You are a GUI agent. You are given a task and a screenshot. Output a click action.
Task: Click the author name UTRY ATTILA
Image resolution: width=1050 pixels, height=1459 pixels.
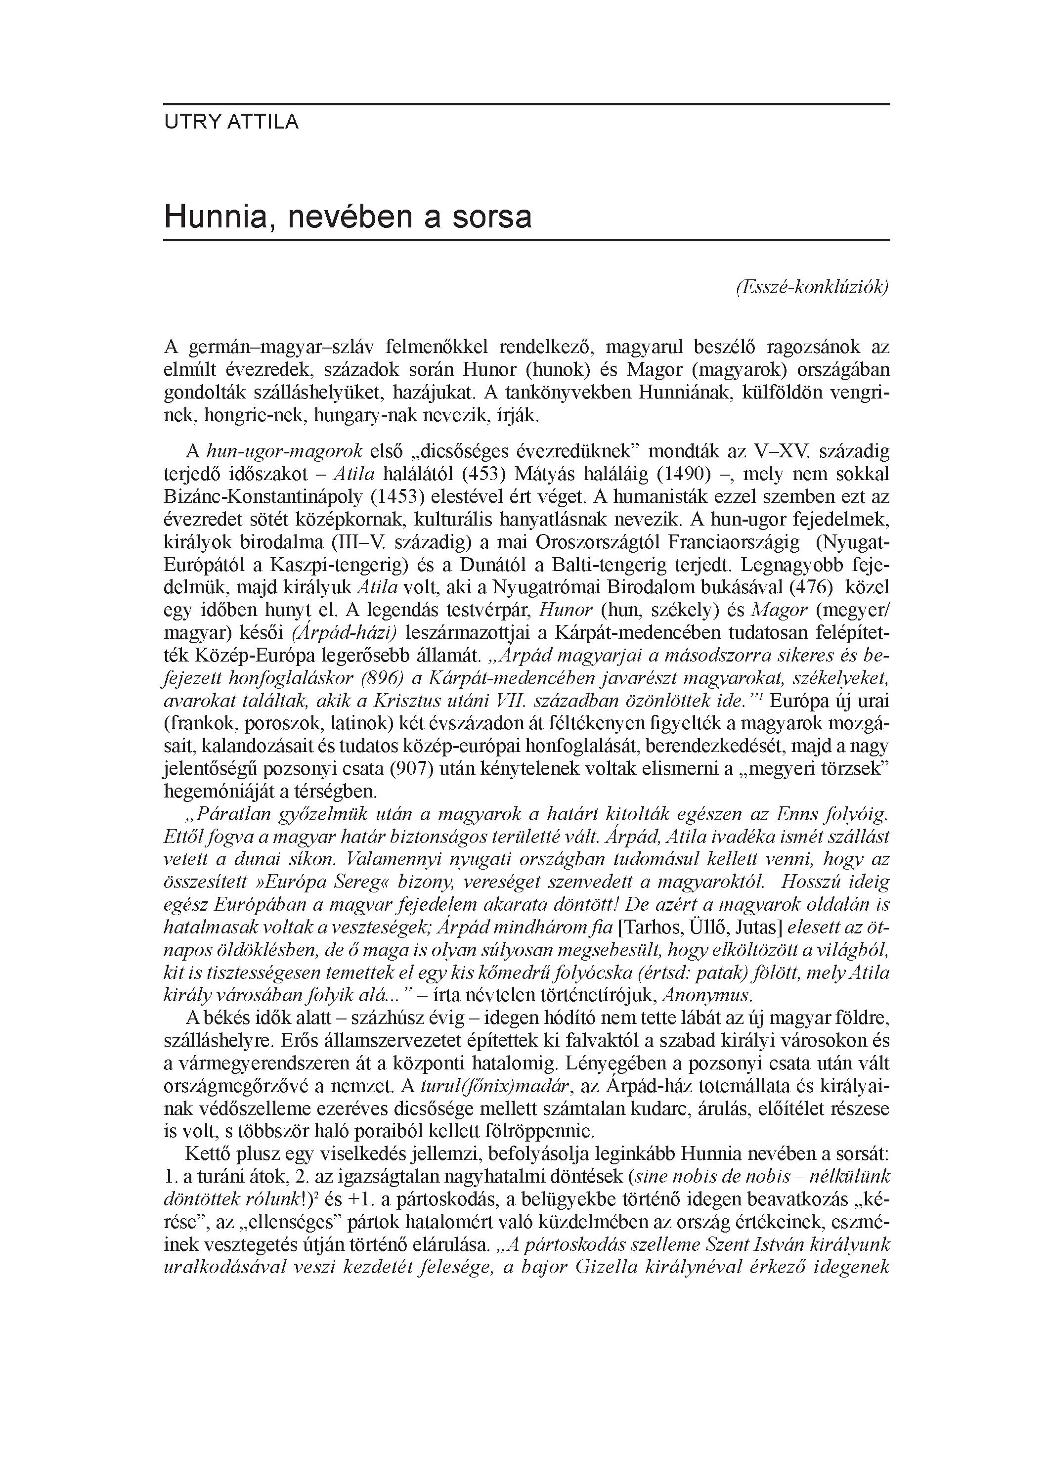[232, 122]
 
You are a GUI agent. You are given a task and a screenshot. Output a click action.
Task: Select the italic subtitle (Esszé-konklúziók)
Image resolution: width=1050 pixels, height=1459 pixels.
[811, 288]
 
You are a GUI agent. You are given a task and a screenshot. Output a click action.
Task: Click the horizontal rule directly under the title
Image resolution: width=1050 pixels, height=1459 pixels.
[526, 240]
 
